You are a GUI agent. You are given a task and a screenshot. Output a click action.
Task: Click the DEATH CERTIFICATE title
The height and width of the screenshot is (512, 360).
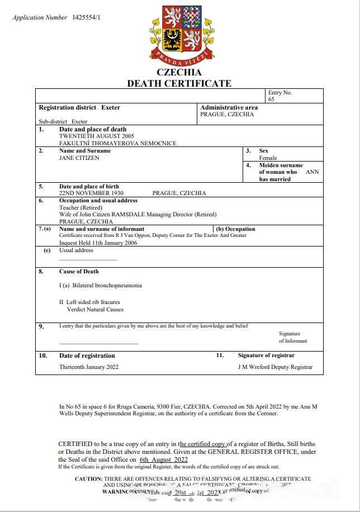click(x=179, y=83)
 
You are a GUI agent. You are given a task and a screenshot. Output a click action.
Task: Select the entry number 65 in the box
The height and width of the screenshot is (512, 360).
click(x=271, y=99)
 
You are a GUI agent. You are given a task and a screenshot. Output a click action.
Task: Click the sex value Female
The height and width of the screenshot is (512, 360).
click(x=268, y=158)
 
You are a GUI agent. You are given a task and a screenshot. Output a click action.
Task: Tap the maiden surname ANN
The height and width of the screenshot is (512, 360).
click(x=312, y=172)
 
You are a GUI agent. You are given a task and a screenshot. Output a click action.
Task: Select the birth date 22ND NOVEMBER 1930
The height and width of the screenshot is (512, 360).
click(x=91, y=193)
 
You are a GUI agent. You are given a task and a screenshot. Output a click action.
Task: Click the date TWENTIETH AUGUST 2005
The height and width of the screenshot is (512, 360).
click(x=97, y=136)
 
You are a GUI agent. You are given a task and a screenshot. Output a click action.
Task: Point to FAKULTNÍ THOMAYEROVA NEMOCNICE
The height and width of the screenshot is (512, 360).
click(x=117, y=144)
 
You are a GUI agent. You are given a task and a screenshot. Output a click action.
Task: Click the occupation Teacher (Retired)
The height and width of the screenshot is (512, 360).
click(x=81, y=207)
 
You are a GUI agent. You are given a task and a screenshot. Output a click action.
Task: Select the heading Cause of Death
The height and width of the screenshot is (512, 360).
click(x=79, y=272)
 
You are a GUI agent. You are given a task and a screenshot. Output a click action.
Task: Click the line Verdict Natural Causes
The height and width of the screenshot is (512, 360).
click(x=95, y=309)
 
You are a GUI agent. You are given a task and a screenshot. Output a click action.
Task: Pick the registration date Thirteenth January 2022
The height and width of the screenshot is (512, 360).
click(x=89, y=367)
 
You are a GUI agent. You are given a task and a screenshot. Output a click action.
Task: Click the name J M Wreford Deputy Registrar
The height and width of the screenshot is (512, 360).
click(x=275, y=367)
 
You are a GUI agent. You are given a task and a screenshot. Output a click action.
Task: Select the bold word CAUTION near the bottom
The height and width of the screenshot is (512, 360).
click(x=88, y=479)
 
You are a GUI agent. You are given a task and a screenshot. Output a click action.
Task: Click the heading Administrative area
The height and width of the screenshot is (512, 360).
click(x=229, y=107)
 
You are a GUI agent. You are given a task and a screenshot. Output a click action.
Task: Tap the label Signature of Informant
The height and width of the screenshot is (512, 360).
click(x=293, y=337)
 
